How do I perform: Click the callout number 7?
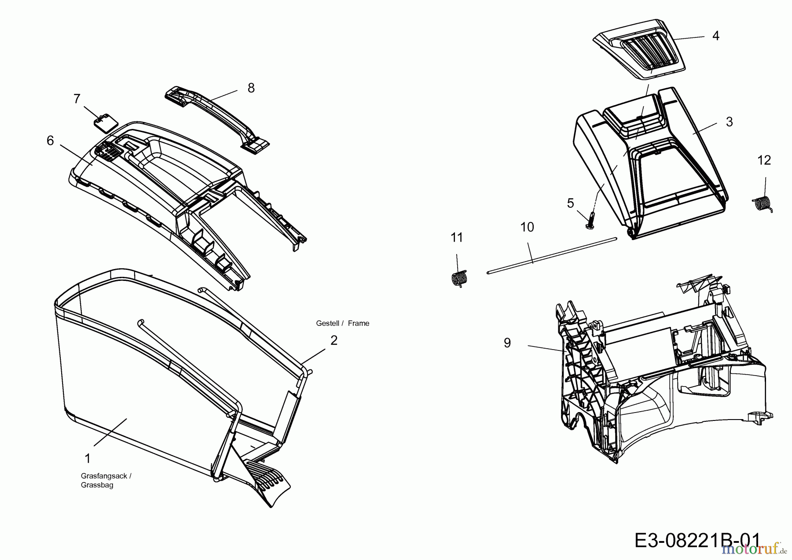[77, 99]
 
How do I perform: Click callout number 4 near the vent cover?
[716, 36]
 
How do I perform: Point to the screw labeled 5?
[590, 218]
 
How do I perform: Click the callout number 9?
[507, 343]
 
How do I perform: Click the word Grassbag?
[97, 485]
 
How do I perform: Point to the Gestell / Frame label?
[342, 323]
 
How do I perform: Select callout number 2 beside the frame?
[334, 340]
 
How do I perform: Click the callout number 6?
[50, 141]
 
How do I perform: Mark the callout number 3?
[729, 122]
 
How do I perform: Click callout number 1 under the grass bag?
[88, 458]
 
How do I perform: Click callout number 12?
[764, 160]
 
